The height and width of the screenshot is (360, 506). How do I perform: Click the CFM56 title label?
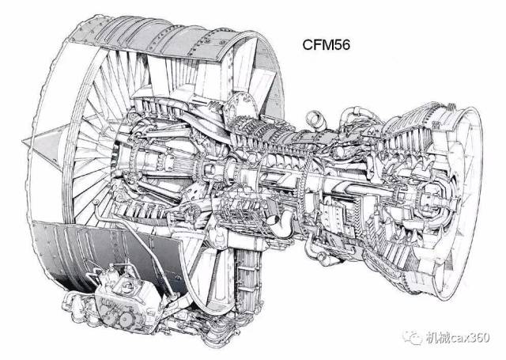pyautogui.click(x=326, y=45)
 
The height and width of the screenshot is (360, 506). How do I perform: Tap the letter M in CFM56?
pyautogui.click(x=327, y=45)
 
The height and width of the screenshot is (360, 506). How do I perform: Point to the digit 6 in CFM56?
pyautogui.click(x=346, y=45)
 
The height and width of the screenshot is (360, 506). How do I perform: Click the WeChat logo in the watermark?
pyautogui.click(x=413, y=338)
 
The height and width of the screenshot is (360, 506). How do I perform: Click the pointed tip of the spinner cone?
pyautogui.click(x=23, y=141)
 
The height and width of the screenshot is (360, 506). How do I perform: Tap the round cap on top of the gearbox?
pyautogui.click(x=128, y=285)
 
